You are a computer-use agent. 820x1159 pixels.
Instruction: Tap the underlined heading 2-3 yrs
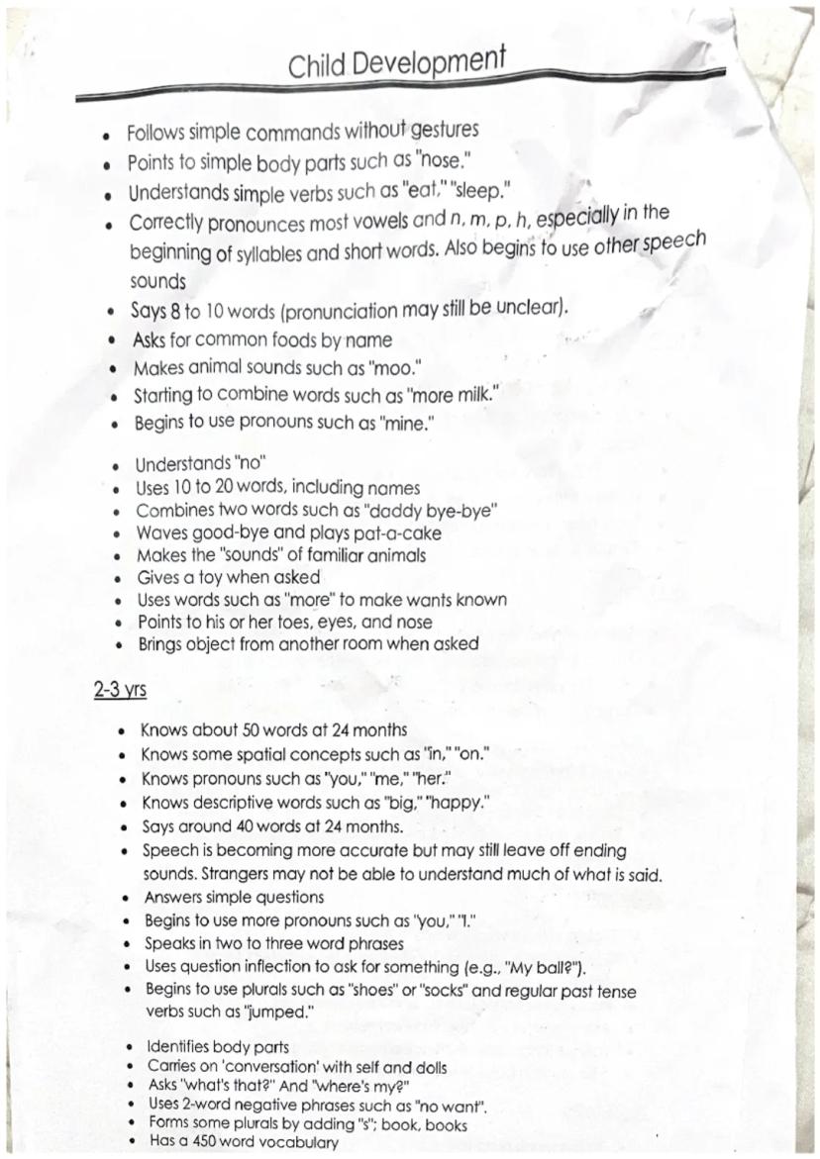(120, 689)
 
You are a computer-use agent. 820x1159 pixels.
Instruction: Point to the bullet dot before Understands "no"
(117, 465)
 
